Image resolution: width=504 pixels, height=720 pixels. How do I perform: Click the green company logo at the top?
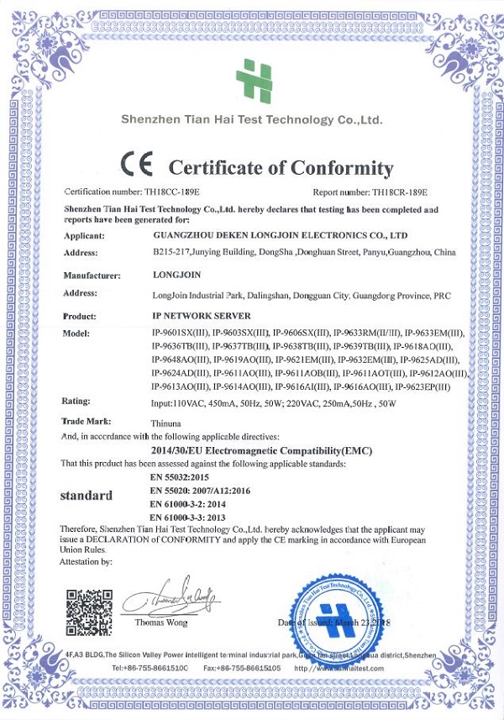tap(254, 81)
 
